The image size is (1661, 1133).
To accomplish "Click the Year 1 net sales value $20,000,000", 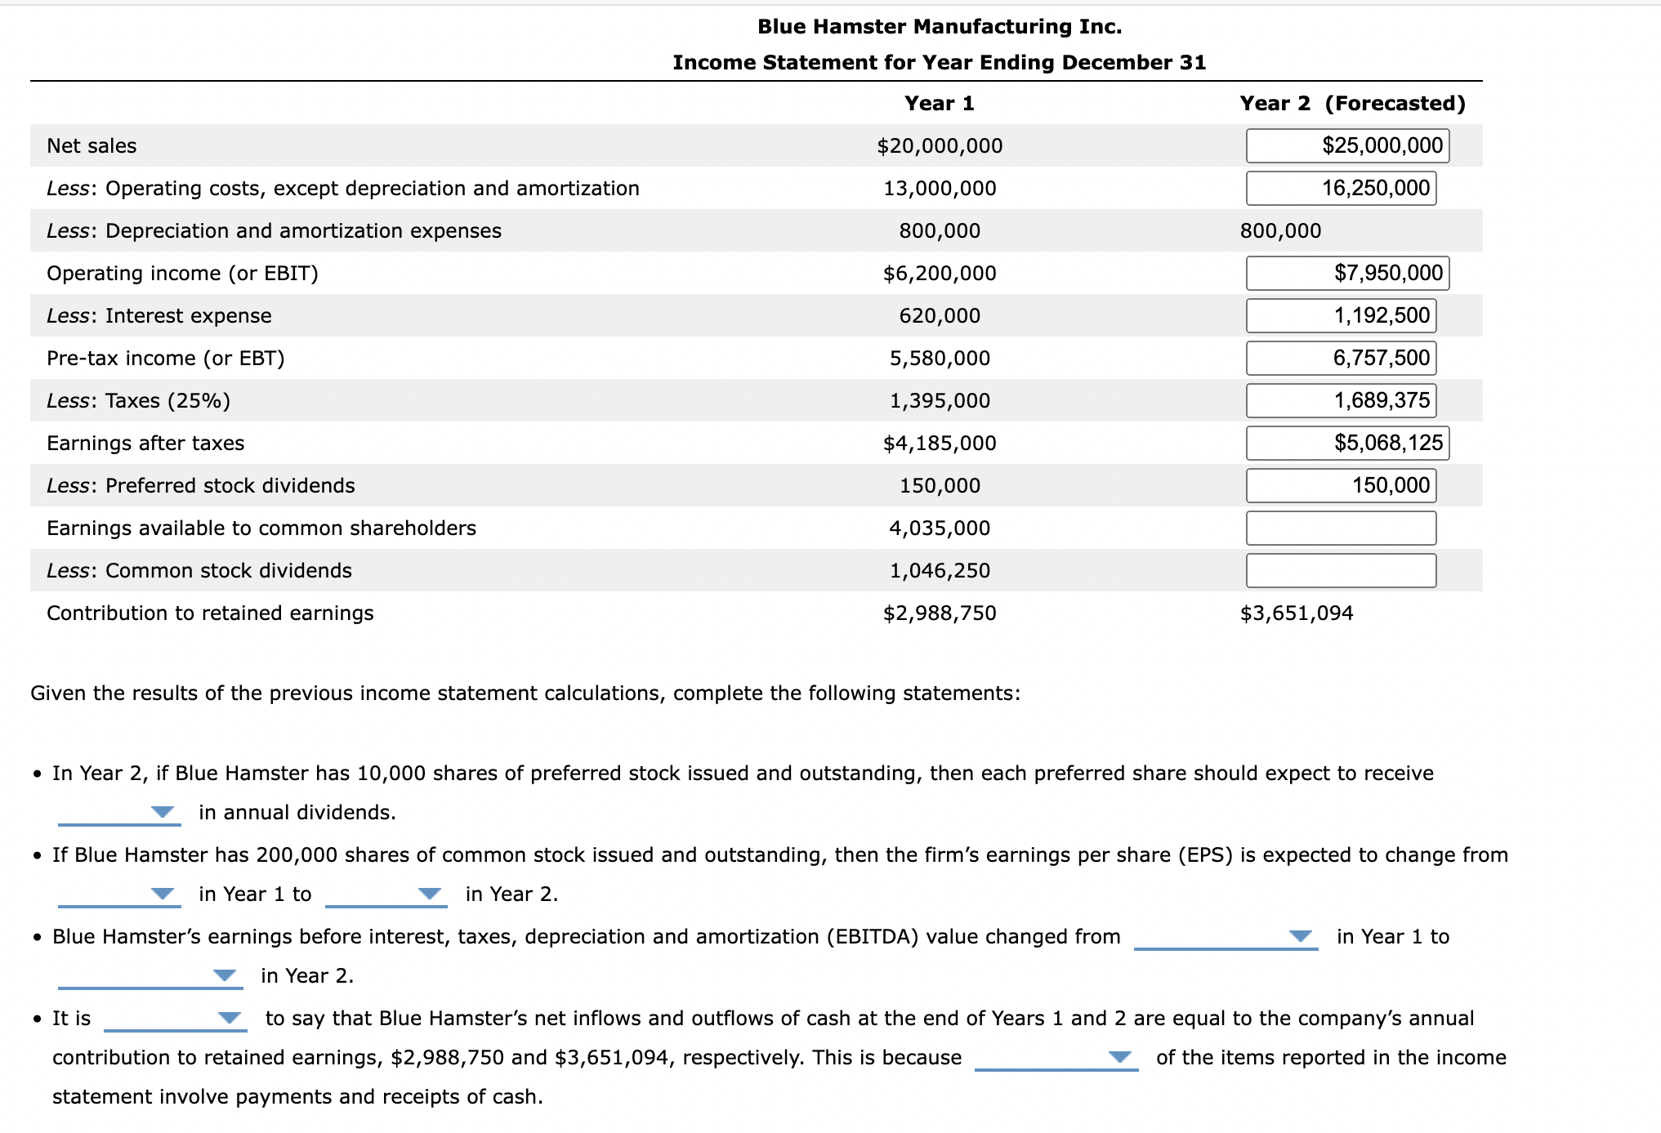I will coord(940,145).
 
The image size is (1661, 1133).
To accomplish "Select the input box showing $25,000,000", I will coord(1347,145).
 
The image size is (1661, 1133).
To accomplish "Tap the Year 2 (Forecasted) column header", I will coord(1352,103).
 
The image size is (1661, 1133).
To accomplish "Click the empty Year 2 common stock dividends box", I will coord(1341,570).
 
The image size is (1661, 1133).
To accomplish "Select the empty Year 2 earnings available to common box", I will coord(1341,528).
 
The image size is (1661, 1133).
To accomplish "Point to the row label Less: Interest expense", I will coord(159,315).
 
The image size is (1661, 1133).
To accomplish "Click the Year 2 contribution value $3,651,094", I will coord(1297,613).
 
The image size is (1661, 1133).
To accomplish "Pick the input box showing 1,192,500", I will coord(1341,315).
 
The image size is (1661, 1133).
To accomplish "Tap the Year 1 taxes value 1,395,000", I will coord(940,400).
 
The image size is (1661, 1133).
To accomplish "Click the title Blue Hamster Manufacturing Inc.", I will coord(940,26).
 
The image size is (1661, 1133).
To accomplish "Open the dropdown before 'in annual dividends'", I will coord(119,812).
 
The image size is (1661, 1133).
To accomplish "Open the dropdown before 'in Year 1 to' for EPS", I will coord(119,894).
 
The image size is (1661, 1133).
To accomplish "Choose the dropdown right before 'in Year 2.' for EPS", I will coord(386,894).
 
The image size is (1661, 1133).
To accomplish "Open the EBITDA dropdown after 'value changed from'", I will coord(1226,936).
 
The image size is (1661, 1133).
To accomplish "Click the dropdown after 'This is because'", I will coord(1056,1057).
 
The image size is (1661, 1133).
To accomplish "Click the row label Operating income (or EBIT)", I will coord(182,273).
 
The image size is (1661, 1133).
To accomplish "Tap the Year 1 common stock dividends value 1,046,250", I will coord(940,570).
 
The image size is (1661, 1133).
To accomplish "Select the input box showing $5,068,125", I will coord(1347,443).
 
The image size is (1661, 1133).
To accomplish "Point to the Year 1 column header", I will coord(940,103).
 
